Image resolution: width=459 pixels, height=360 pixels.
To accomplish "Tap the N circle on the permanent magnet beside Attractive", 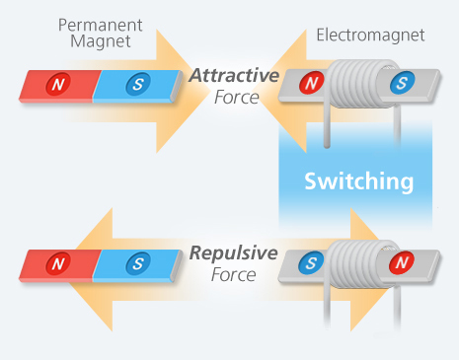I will (57, 86).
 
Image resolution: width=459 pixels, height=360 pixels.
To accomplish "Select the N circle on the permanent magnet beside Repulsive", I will (57, 263).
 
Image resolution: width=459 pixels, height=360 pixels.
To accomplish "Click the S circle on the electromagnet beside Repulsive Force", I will (312, 263).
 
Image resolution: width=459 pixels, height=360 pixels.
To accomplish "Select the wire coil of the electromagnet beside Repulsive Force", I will (357, 264).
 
